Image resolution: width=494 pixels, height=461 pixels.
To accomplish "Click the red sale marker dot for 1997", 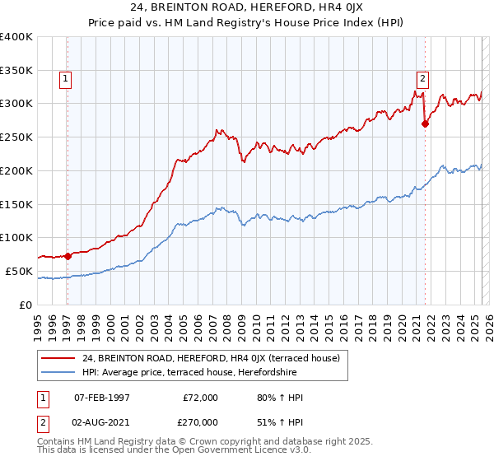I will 68,256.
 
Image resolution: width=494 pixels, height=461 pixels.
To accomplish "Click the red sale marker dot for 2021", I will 426,123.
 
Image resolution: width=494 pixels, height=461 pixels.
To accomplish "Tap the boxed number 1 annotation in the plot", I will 65,80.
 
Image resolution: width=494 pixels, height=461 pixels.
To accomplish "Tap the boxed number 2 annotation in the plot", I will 422,80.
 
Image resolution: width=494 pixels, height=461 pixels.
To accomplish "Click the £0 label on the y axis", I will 26,305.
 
